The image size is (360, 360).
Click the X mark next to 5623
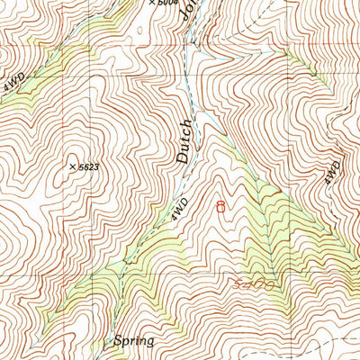[72, 166]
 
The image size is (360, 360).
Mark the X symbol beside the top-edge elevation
[151, 3]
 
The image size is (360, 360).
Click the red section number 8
[221, 206]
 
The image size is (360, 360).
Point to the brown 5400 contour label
[253, 284]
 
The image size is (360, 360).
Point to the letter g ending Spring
[150, 343]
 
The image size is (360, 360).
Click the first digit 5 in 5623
[81, 166]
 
